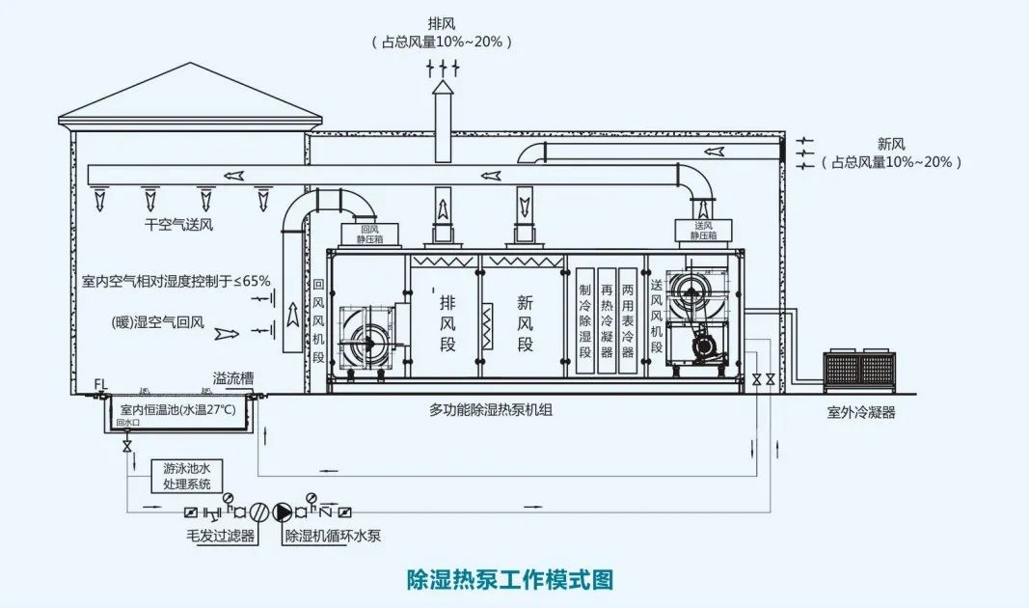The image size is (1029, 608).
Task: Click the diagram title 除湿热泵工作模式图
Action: (510, 579)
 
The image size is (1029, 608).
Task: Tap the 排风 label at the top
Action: (443, 22)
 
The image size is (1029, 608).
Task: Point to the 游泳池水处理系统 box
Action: (186, 476)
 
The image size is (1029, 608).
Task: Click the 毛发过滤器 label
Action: (220, 535)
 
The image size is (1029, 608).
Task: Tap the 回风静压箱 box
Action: (370, 235)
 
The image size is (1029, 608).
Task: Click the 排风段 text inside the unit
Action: (447, 321)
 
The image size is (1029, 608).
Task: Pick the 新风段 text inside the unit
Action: (526, 321)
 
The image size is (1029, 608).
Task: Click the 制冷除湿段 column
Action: (584, 321)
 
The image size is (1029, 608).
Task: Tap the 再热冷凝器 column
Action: (607, 321)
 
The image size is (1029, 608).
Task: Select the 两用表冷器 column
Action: (628, 321)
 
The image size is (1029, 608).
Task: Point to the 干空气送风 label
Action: (178, 225)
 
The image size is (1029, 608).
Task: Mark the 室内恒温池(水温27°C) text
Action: (180, 410)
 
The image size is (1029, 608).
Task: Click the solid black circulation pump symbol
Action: (283, 511)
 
